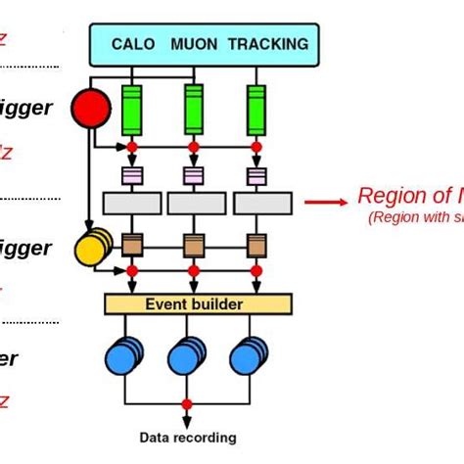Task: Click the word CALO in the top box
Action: click(133, 44)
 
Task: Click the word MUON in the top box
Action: click(194, 44)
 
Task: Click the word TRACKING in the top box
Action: click(267, 44)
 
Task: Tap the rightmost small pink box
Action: click(255, 176)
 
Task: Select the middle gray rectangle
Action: click(198, 204)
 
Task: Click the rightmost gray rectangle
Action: click(261, 204)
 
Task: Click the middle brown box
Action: click(194, 245)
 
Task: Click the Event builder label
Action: click(194, 304)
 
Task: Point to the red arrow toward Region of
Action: click(325, 203)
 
